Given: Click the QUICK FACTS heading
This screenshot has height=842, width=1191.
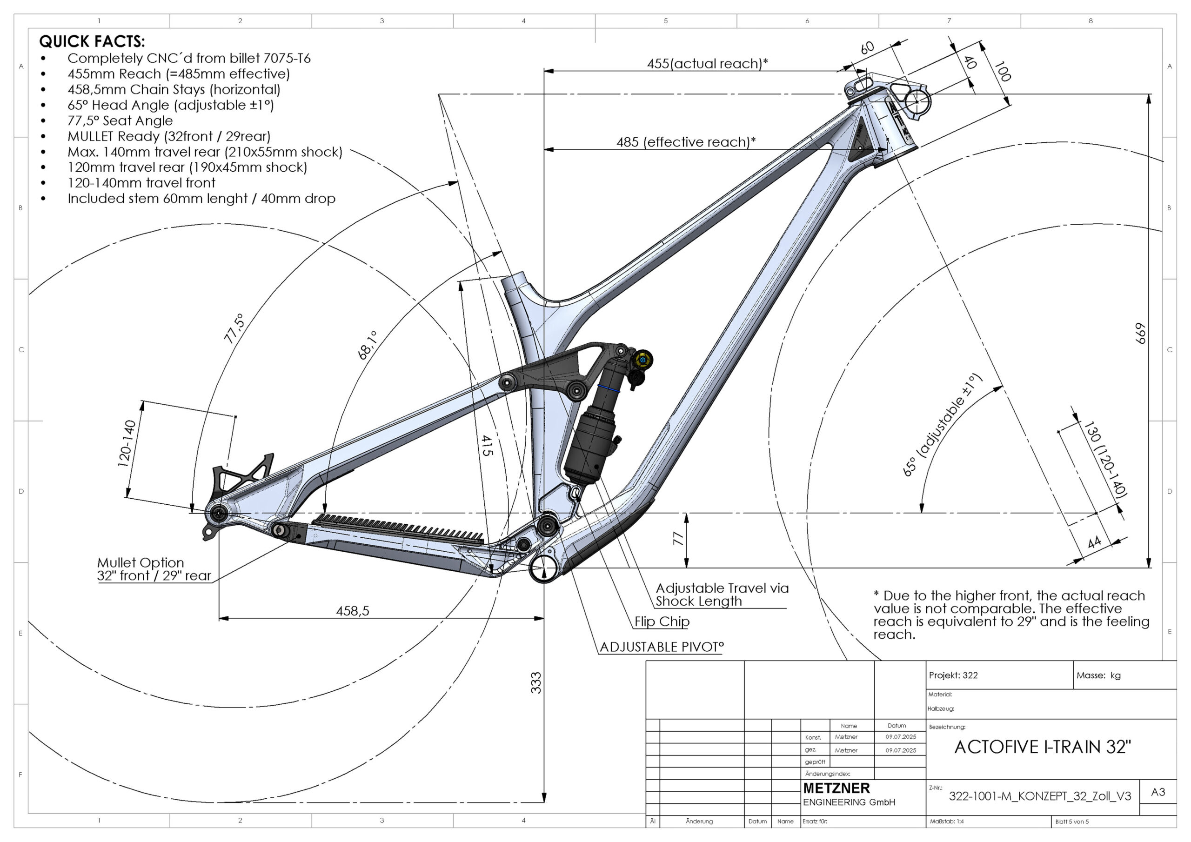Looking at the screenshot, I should point(92,41).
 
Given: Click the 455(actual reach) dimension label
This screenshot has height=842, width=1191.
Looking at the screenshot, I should point(707,63).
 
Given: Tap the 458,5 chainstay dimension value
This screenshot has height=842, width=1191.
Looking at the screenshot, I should point(352,611).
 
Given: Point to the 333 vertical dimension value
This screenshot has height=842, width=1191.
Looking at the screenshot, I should point(536,683).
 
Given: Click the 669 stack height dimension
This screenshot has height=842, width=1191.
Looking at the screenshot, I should point(1140,333).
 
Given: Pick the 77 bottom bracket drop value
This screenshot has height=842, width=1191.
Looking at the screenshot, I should point(678,539).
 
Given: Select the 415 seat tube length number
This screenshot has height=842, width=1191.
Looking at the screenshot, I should point(486,445).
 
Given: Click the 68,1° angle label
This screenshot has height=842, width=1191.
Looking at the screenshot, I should point(367,346).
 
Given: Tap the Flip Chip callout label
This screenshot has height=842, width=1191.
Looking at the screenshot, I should point(662,621).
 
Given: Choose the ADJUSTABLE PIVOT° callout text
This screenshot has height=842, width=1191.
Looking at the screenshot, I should point(662,647).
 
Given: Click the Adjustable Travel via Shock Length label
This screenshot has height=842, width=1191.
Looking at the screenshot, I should point(721,595).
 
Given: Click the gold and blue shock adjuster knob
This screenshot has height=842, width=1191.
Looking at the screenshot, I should point(642,360).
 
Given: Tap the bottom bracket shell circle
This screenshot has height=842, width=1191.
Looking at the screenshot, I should point(544,569).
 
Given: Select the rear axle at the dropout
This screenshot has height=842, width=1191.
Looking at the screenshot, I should point(218,514).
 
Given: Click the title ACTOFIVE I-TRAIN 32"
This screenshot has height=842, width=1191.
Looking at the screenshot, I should point(1042,747).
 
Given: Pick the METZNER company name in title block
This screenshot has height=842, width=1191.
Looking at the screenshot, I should point(836,788).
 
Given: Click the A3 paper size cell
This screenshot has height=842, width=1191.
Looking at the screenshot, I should point(1158,792).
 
